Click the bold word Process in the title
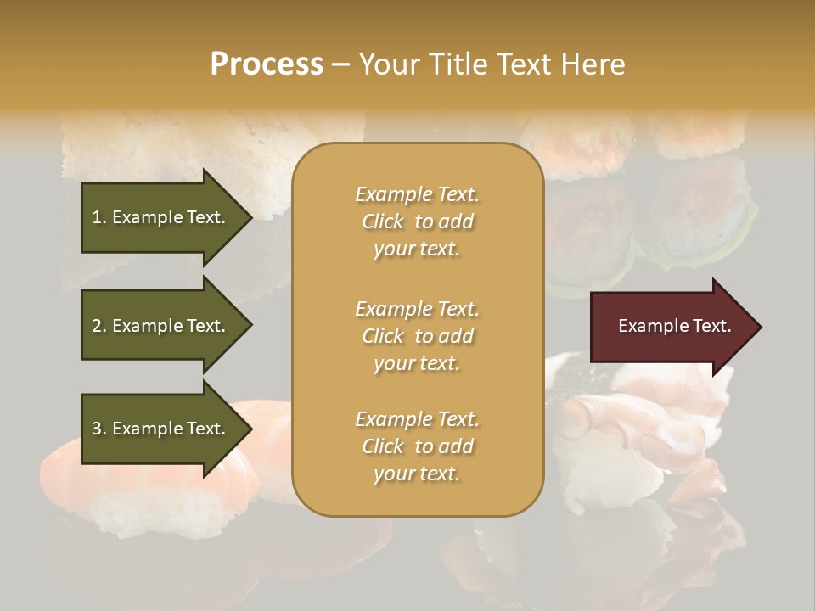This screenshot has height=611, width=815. pyautogui.click(x=267, y=64)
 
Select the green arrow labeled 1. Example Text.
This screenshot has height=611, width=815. pyautogui.click(x=161, y=217)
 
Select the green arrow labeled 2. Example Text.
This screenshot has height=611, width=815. pyautogui.click(x=161, y=326)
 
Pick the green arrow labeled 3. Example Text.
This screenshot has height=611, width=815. pyautogui.click(x=161, y=429)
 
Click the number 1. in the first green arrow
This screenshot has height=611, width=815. pyautogui.click(x=99, y=217)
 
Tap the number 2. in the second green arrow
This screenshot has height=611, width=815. pyautogui.click(x=99, y=326)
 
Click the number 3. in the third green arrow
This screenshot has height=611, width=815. pyautogui.click(x=99, y=429)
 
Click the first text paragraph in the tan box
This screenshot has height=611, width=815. pyautogui.click(x=417, y=221)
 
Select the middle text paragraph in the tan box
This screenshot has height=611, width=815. pyautogui.click(x=417, y=336)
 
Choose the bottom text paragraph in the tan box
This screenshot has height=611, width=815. pyautogui.click(x=417, y=446)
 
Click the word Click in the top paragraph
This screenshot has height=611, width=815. pyautogui.click(x=383, y=221)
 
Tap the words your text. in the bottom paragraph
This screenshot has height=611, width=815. pyautogui.click(x=417, y=474)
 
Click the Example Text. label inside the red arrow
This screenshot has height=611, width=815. pyautogui.click(x=674, y=326)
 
